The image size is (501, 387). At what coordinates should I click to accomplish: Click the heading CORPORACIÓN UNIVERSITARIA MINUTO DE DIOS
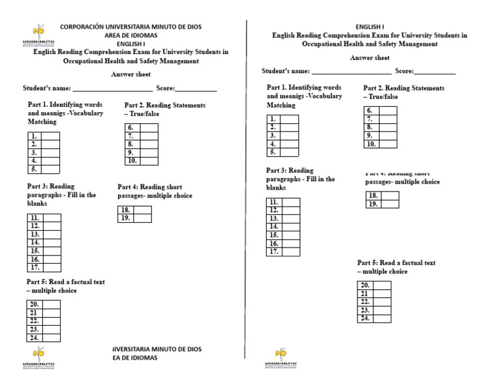pyautogui.click(x=130, y=27)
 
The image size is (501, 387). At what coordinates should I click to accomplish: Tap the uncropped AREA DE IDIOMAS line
pyautogui.click(x=130, y=35)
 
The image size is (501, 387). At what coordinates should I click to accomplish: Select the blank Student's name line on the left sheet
pyautogui.click(x=112, y=89)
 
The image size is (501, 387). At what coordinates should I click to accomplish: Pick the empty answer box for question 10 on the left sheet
pyautogui.click(x=148, y=160)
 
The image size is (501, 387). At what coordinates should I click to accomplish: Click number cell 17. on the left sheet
pyautogui.click(x=35, y=267)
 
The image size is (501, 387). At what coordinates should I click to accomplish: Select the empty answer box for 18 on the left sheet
pyautogui.click(x=143, y=210)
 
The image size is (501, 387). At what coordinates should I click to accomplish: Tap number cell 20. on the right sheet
pyautogui.click(x=365, y=285)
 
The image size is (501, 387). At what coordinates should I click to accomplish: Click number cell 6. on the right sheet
pyautogui.click(x=371, y=111)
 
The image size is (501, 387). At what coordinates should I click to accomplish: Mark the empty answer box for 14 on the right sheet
pyautogui.click(x=291, y=227)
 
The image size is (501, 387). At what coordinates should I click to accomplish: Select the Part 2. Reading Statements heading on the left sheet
pyautogui.click(x=164, y=109)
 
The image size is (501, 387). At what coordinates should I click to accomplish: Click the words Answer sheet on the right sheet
pyautogui.click(x=370, y=58)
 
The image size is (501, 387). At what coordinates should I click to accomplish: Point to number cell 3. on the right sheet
pyautogui.click(x=273, y=136)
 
